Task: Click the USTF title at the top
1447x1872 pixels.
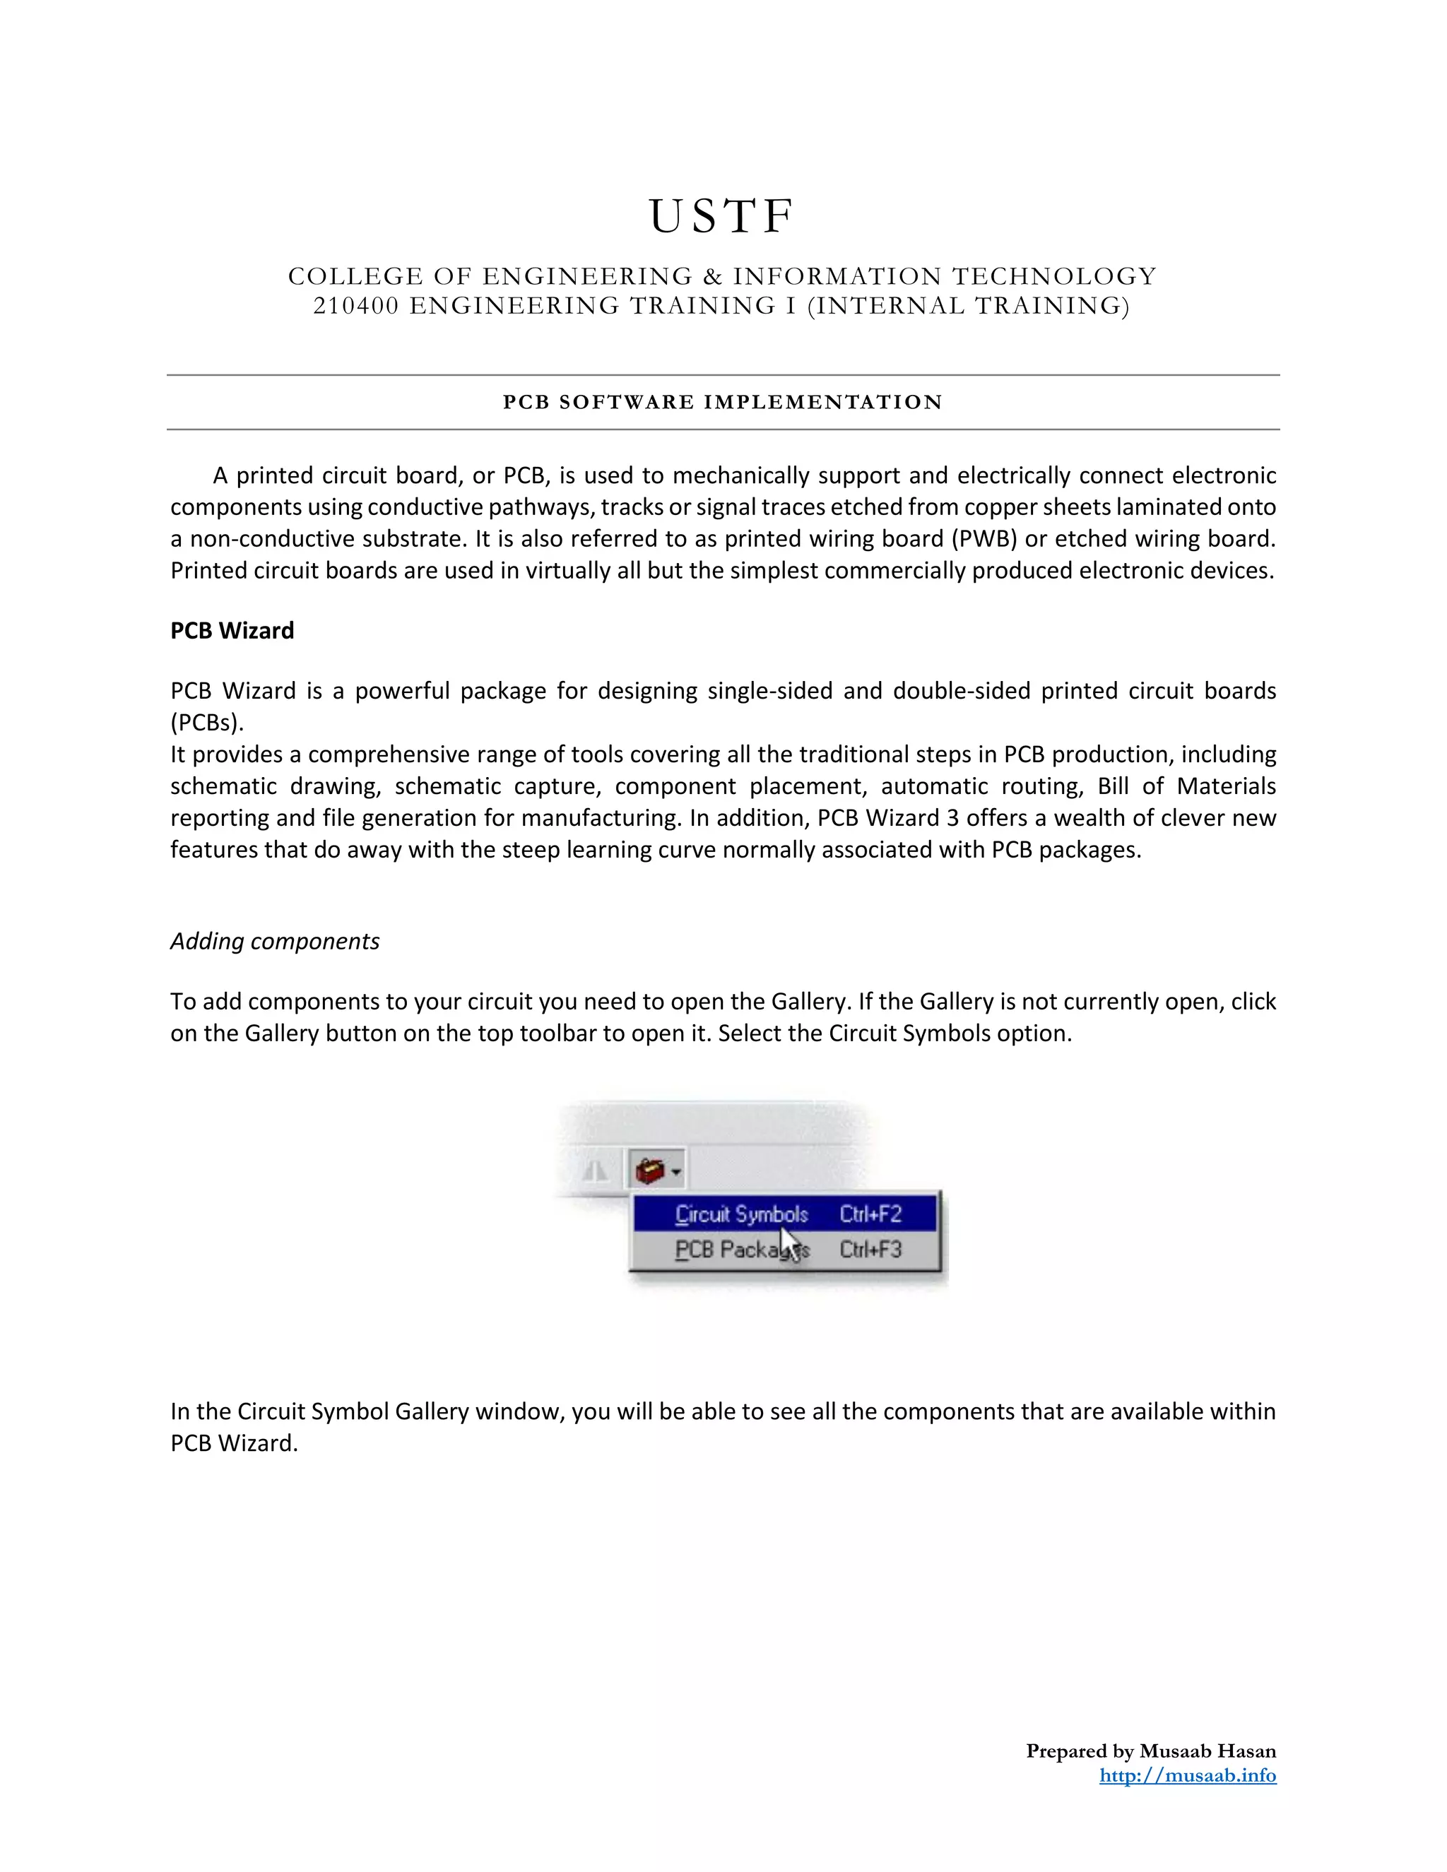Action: coord(723,216)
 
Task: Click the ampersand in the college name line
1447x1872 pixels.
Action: coord(711,276)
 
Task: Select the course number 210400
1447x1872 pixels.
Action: coord(356,306)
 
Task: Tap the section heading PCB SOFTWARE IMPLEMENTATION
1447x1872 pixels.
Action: coord(723,402)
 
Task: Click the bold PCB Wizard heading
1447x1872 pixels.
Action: coord(232,631)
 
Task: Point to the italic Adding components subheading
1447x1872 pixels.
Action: coord(274,941)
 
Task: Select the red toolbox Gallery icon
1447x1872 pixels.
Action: coord(651,1169)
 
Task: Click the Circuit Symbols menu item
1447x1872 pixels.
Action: coord(741,1214)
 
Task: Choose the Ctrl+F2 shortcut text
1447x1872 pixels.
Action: coord(870,1214)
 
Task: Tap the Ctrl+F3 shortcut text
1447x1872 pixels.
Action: coord(870,1250)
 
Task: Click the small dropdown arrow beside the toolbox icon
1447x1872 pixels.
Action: coord(676,1171)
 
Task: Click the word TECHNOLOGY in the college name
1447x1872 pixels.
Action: coord(1054,276)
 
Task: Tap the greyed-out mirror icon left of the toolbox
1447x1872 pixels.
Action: coord(595,1170)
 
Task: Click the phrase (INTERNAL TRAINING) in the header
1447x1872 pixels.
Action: coord(969,306)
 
